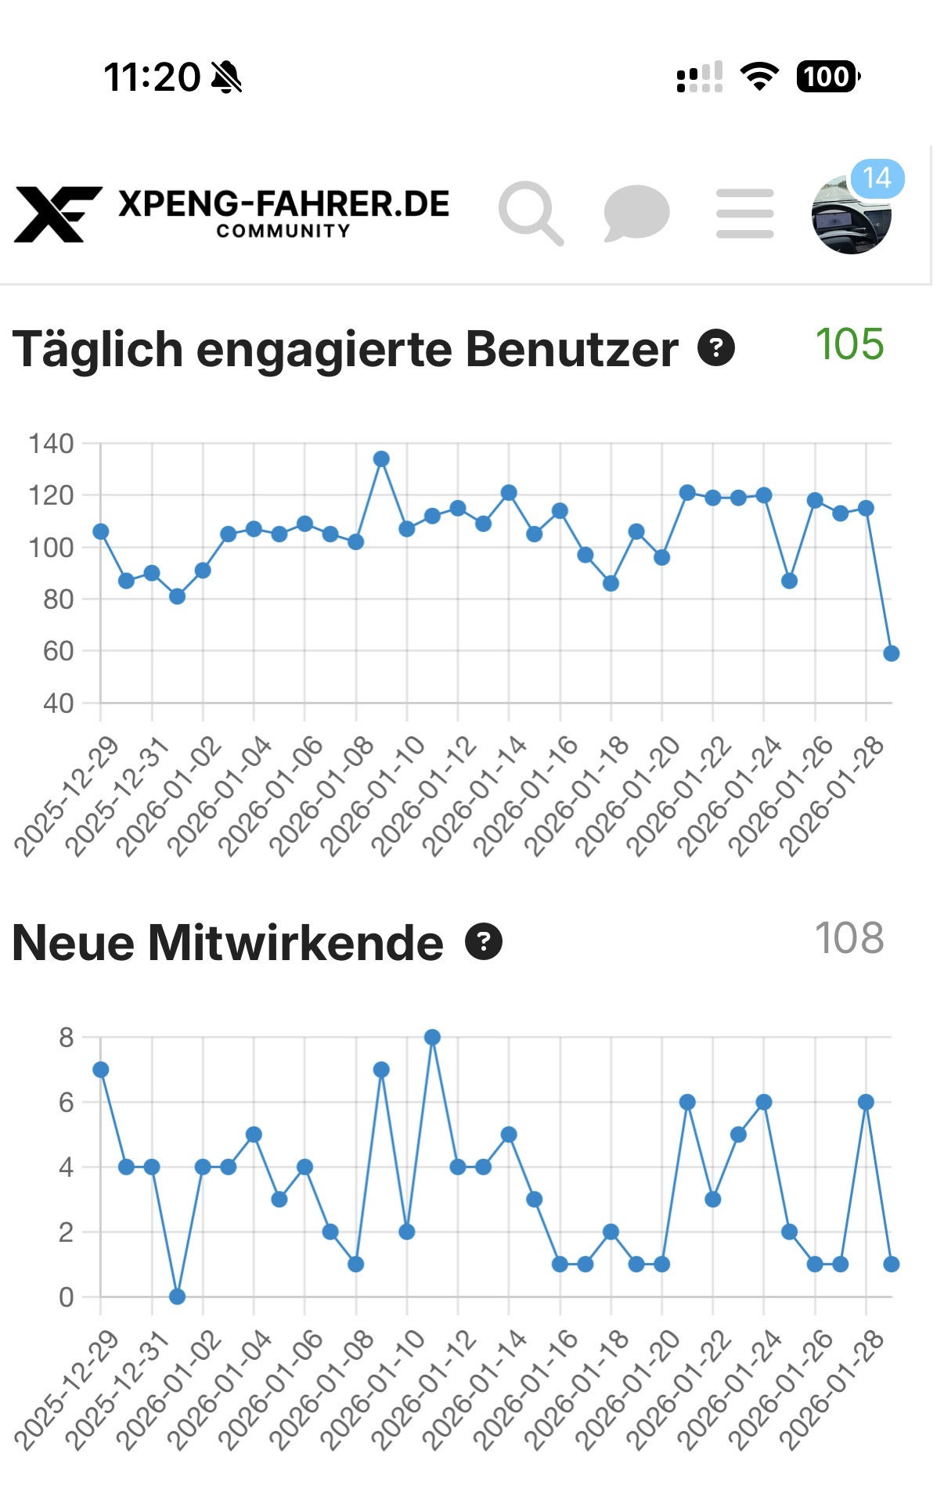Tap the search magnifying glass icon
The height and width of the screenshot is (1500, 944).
click(530, 212)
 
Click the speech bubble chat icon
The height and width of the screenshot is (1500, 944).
click(636, 212)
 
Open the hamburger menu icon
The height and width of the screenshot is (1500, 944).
click(744, 213)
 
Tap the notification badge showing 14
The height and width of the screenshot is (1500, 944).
click(877, 178)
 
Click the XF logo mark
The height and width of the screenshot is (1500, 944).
click(57, 213)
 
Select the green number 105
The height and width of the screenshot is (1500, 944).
click(849, 344)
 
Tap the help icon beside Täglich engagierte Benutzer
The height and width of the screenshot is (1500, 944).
click(716, 348)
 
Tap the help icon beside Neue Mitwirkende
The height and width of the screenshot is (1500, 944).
click(484, 941)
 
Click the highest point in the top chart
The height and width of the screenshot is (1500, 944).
click(381, 459)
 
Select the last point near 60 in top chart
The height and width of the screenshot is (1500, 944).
click(891, 653)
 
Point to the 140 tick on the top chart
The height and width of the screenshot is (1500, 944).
click(51, 444)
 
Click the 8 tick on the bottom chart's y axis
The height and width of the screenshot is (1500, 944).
click(66, 1038)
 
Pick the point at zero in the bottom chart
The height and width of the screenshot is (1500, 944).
click(177, 1297)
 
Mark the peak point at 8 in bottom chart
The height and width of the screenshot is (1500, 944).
click(432, 1038)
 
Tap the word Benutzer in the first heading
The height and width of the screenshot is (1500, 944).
click(571, 349)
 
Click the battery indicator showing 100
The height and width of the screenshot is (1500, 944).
click(827, 77)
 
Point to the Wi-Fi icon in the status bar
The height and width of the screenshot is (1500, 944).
click(758, 77)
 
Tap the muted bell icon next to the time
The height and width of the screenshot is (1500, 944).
click(226, 77)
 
